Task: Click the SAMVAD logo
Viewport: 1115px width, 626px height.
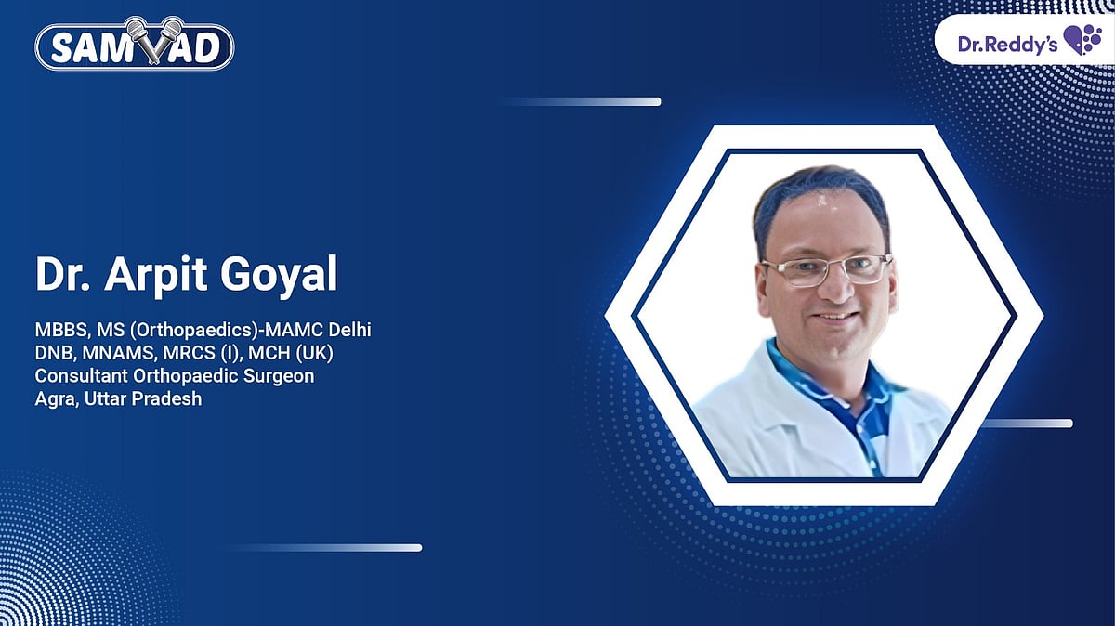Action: click(x=134, y=45)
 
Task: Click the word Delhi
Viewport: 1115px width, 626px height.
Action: click(x=351, y=331)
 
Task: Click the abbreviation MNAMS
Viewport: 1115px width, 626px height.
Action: click(x=112, y=354)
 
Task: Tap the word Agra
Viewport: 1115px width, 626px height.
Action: click(x=53, y=399)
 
